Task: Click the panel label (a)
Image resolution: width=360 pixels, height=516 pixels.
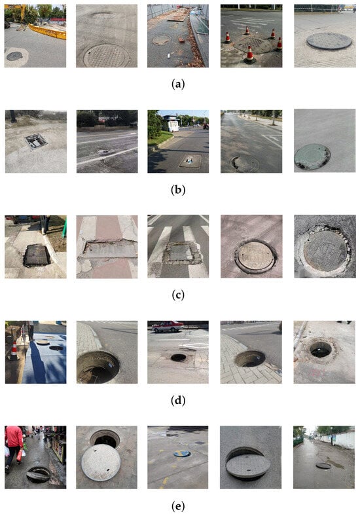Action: pyautogui.click(x=178, y=84)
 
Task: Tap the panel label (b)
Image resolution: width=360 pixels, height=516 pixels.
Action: pyautogui.click(x=178, y=190)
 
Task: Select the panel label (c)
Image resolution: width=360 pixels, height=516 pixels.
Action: pyautogui.click(x=178, y=295)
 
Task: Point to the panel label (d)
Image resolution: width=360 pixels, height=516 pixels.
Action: pyautogui.click(x=178, y=401)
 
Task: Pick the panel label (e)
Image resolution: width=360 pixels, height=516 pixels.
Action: pyautogui.click(x=178, y=506)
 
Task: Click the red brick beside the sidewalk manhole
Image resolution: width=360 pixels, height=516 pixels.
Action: pyautogui.click(x=181, y=40)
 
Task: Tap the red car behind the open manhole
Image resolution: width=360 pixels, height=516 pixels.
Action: pyautogui.click(x=168, y=326)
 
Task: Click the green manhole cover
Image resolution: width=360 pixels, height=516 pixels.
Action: pyautogui.click(x=312, y=157)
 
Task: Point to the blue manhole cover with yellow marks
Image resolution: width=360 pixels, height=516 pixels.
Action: pyautogui.click(x=182, y=454)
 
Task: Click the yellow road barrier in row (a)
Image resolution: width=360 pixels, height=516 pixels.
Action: pyautogui.click(x=48, y=31)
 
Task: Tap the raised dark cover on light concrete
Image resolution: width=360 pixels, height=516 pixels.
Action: pyautogui.click(x=329, y=41)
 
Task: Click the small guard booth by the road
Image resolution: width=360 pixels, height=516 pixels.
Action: pyautogui.click(x=170, y=123)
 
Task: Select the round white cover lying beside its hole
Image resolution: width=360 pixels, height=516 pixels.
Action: pyautogui.click(x=101, y=462)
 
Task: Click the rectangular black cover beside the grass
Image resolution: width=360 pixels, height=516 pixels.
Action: pyautogui.click(x=37, y=255)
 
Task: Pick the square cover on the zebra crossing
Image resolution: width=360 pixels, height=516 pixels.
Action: pyautogui.click(x=183, y=253)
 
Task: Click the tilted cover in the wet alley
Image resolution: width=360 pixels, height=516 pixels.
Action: pyautogui.click(x=38, y=475)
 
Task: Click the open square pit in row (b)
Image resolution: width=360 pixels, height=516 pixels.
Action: pyautogui.click(x=36, y=141)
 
